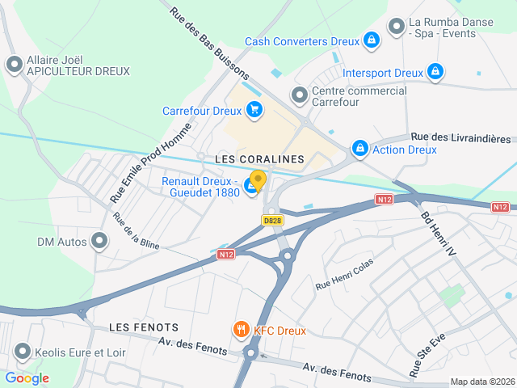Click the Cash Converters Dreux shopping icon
(371, 40)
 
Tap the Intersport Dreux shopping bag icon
(435, 72)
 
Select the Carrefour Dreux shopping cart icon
(254, 110)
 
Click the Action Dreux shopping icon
(359, 149)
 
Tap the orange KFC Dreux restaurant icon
(240, 329)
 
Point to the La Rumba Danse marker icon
(396, 27)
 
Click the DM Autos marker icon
(99, 241)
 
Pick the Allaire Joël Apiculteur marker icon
(14, 65)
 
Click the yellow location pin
(258, 181)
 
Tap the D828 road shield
(272, 219)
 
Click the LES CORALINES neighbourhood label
(259, 159)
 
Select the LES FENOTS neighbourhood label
(143, 327)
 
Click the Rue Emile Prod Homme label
(151, 162)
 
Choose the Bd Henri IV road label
(439, 234)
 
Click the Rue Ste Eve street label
(427, 356)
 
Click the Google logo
(27, 378)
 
